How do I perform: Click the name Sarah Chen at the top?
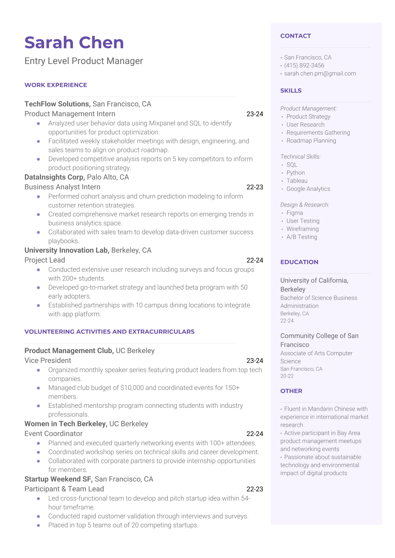74,43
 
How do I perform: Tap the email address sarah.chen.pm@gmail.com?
320,74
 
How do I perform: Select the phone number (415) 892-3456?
304,66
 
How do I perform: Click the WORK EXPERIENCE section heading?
56,85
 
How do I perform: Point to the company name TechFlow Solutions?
57,104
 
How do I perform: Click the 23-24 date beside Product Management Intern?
255,114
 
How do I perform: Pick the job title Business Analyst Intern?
62,187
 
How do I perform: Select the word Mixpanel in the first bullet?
162,123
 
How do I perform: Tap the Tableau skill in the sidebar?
297,181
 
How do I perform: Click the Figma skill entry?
294,213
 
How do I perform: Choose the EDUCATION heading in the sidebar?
299,262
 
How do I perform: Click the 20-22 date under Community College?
287,376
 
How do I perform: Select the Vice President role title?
48,360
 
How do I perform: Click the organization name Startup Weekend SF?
58,479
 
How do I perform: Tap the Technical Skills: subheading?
300,157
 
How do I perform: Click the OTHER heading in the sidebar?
291,391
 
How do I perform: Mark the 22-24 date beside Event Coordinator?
255,434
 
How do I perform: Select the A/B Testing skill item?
302,237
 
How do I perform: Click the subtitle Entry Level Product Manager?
84,61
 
